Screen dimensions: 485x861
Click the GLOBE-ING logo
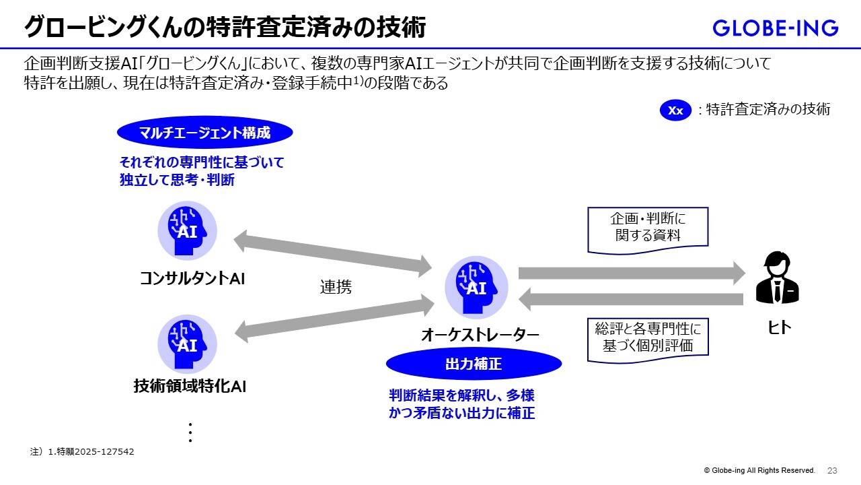point(775,28)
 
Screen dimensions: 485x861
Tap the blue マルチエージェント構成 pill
point(204,133)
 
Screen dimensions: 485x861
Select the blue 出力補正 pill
point(474,364)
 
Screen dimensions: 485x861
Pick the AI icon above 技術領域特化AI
point(187,344)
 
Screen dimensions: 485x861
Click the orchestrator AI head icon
point(476,288)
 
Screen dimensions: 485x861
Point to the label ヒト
point(779,328)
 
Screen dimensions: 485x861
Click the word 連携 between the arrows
point(336,287)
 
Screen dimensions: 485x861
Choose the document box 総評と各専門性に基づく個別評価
point(648,338)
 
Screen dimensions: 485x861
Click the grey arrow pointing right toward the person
point(631,273)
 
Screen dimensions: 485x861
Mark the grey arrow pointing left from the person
point(631,299)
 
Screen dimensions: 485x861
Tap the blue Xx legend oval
point(675,110)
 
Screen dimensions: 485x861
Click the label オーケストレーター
point(480,335)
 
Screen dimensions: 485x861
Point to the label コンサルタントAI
point(192,278)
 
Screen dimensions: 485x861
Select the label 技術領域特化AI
point(190,386)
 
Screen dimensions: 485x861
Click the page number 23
point(832,470)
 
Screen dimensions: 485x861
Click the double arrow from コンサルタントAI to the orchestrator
point(333,253)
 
